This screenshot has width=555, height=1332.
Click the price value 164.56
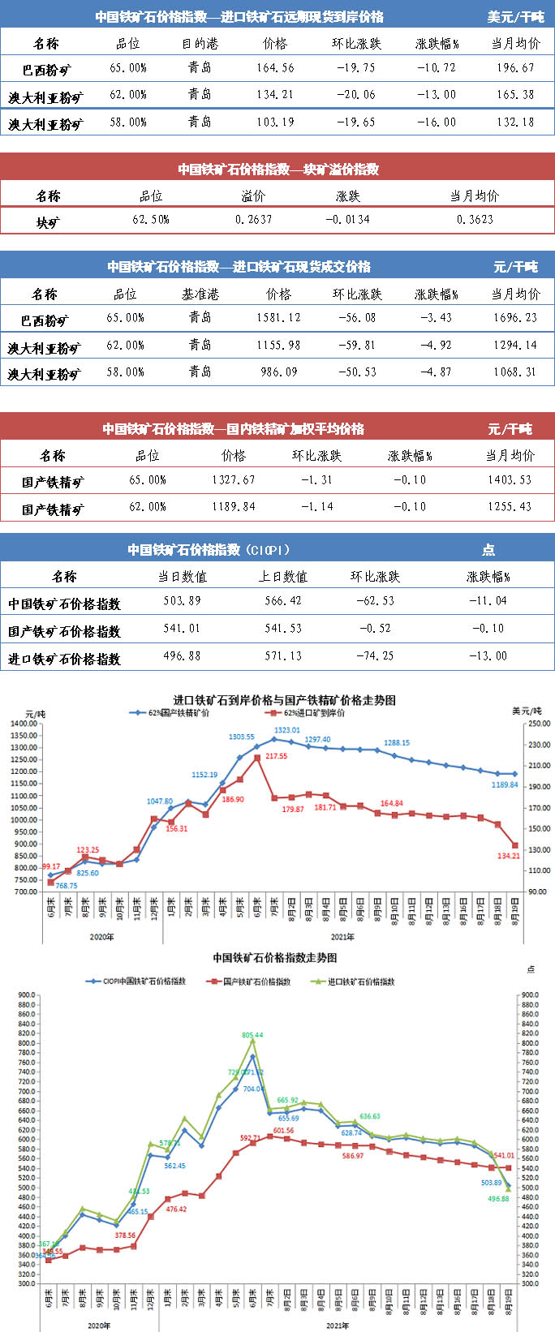click(275, 68)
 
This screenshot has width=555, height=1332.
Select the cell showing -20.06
click(355, 95)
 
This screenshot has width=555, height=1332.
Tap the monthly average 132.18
click(515, 122)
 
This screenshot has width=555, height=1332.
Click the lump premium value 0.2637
click(253, 220)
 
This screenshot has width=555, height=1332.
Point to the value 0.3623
click(474, 220)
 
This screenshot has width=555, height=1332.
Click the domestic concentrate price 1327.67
click(233, 480)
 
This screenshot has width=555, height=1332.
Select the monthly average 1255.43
click(510, 507)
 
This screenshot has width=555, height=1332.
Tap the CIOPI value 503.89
click(182, 601)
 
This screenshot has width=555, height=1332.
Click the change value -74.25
click(375, 655)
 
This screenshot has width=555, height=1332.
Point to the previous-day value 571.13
click(282, 655)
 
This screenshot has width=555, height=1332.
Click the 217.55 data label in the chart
click(276, 757)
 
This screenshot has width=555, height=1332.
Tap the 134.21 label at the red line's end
click(509, 856)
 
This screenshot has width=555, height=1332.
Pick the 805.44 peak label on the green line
click(252, 1035)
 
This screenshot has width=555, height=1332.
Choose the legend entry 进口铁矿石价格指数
click(361, 982)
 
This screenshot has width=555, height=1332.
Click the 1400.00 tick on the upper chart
click(24, 724)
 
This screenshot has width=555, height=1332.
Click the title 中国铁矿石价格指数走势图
click(275, 958)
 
